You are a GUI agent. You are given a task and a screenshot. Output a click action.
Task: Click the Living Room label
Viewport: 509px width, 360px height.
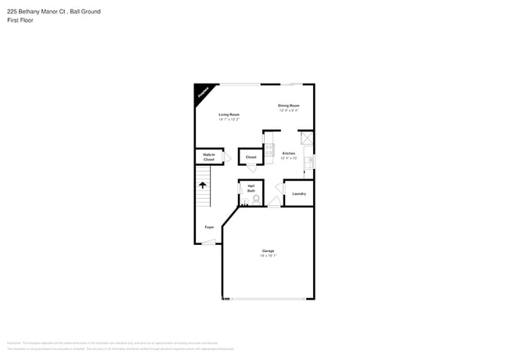point(229,114)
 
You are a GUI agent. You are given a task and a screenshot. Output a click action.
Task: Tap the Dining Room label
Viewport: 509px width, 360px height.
point(289,106)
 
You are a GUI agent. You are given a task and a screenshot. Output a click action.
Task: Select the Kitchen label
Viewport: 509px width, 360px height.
point(289,153)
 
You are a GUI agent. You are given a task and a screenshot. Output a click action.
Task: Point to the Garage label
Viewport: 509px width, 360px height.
point(268,250)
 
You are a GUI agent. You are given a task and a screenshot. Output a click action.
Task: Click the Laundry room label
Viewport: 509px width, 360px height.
point(298,193)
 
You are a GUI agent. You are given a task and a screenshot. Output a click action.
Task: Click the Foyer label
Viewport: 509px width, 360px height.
point(209,227)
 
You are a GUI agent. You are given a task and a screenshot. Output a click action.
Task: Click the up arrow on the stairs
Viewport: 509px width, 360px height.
point(203,185)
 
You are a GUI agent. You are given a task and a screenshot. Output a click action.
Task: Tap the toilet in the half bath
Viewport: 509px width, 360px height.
point(255,200)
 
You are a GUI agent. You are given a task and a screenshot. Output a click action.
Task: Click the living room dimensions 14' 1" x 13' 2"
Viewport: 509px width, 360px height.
point(229,119)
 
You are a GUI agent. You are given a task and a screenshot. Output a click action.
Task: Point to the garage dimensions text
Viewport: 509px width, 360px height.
point(268,255)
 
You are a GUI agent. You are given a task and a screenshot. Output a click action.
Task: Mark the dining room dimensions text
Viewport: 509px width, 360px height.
point(289,110)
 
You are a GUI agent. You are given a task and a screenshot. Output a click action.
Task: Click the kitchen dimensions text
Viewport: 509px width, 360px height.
point(289,158)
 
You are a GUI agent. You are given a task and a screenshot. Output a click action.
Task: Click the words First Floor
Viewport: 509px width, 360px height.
point(20,20)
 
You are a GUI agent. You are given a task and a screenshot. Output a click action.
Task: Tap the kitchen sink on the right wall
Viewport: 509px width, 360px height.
point(309,162)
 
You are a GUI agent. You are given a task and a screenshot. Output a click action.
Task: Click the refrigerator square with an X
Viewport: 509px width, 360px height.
point(306,138)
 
